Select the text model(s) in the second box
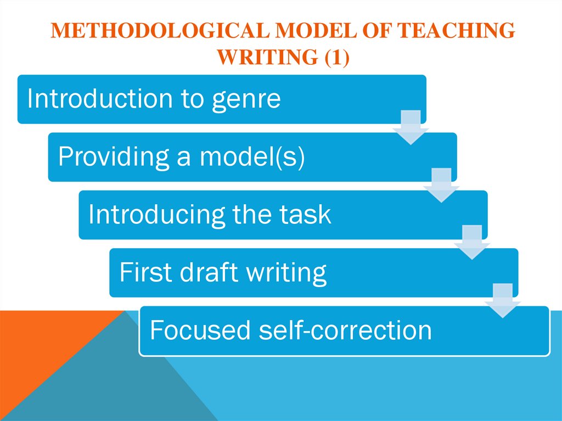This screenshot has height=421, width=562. click(251, 157)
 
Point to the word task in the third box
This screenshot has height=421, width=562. click(306, 215)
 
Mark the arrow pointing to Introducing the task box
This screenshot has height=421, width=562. click(441, 185)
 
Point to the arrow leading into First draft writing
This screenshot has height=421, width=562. click(472, 243)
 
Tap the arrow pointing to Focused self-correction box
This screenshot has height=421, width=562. click(503, 300)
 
